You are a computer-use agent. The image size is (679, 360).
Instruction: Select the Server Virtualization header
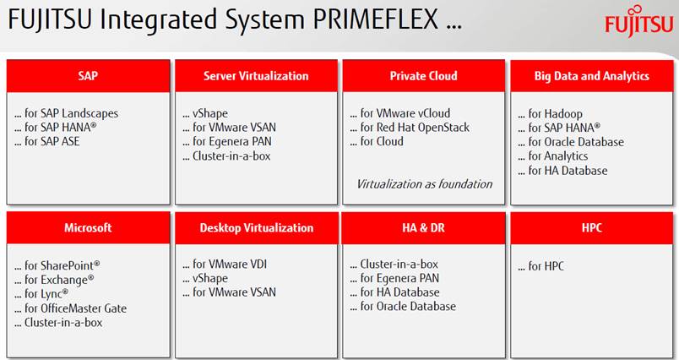[256, 76]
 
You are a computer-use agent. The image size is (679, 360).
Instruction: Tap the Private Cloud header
[423, 76]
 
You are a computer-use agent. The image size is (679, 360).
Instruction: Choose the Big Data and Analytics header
[591, 76]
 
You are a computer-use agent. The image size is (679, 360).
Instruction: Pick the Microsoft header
[88, 228]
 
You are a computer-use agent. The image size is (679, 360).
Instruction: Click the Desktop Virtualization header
[256, 228]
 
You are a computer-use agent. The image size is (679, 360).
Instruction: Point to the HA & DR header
[423, 228]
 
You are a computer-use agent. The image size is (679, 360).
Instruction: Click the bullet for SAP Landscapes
[66, 113]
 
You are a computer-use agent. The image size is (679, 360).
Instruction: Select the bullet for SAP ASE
[47, 141]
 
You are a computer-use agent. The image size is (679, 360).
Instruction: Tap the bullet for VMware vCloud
[400, 113]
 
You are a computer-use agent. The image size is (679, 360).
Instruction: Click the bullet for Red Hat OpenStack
[410, 128]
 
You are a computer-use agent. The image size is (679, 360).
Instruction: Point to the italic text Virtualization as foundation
[424, 184]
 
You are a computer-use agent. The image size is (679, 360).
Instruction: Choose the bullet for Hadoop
[551, 114]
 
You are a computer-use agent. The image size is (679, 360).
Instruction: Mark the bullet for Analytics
[553, 156]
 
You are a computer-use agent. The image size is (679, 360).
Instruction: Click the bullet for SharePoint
[57, 265]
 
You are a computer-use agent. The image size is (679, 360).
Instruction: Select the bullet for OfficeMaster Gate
[71, 308]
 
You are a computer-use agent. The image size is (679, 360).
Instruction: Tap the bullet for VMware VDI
[225, 264]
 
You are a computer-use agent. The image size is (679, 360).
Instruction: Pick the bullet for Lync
[41, 294]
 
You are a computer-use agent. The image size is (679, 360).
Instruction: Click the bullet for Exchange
[54, 280]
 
